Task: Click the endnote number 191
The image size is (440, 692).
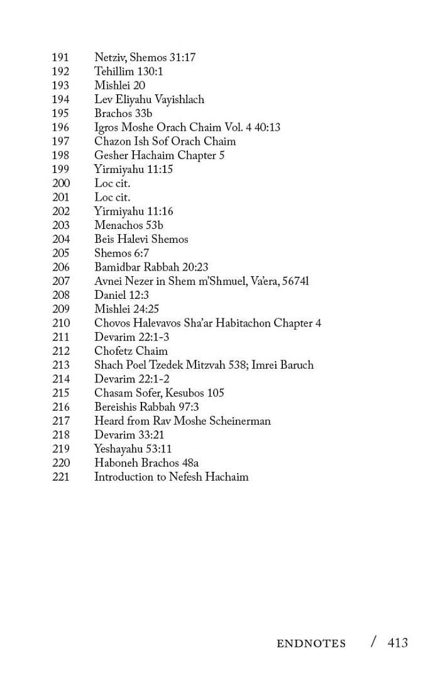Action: [x=60, y=58]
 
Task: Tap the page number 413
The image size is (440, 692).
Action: [x=398, y=642]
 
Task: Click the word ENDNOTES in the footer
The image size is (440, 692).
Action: [x=311, y=644]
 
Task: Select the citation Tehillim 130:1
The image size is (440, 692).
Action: [x=128, y=72]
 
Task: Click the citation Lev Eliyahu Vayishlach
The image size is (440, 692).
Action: [x=149, y=99]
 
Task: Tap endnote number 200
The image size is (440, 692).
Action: [x=60, y=184]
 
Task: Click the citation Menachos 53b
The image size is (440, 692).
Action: [x=129, y=225]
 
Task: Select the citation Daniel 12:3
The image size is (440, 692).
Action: [x=121, y=295]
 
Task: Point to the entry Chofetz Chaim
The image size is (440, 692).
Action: [x=131, y=351]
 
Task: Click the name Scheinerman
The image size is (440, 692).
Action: [x=239, y=421]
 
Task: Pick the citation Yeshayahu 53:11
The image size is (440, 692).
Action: [x=133, y=449]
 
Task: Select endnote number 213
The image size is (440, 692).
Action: [x=60, y=365]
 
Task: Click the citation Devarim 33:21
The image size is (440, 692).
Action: [x=129, y=435]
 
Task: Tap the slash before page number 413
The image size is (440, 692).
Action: [x=374, y=642]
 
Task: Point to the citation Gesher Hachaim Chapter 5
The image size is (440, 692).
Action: [x=159, y=155]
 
